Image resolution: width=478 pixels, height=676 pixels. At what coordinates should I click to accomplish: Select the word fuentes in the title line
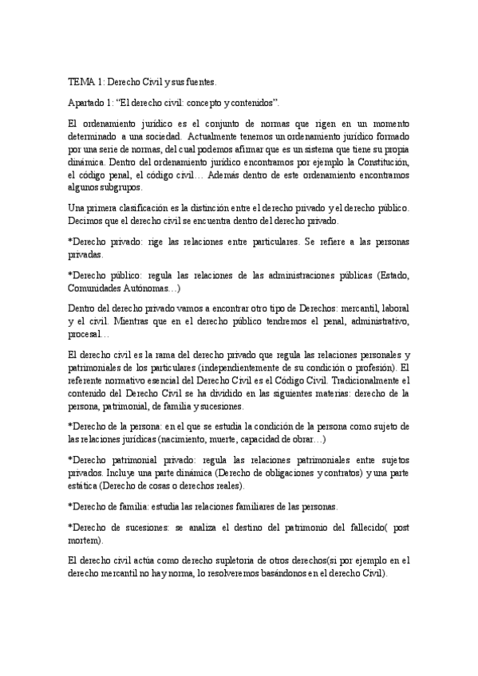tap(199, 81)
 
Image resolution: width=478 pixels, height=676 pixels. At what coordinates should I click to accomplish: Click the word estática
tap(84, 485)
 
